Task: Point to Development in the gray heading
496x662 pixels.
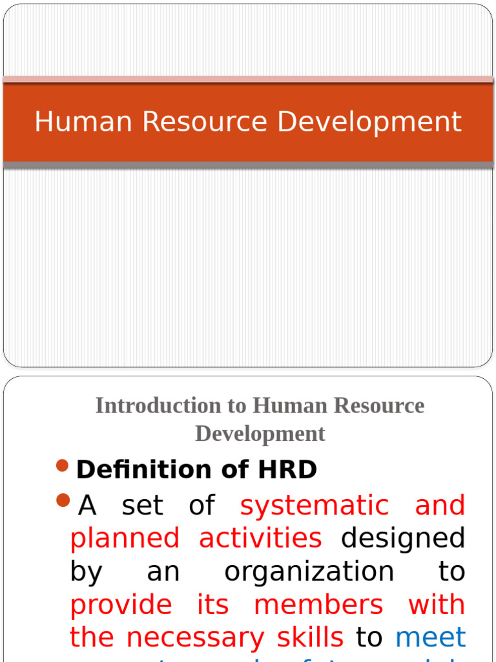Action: [x=260, y=433]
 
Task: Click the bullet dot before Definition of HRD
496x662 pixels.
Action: [x=63, y=466]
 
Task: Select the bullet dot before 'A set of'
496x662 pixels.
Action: [x=63, y=500]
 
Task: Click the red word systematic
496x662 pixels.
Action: [x=315, y=506]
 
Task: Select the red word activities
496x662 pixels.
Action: [x=260, y=538]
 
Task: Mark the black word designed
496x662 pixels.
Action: [x=403, y=539]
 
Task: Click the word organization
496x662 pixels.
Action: [x=309, y=571]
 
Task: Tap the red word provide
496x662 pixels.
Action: [x=121, y=605]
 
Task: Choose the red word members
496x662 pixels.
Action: [x=318, y=605]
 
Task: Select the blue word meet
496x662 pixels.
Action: [x=430, y=638]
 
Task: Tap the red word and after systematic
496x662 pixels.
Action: [x=440, y=506]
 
